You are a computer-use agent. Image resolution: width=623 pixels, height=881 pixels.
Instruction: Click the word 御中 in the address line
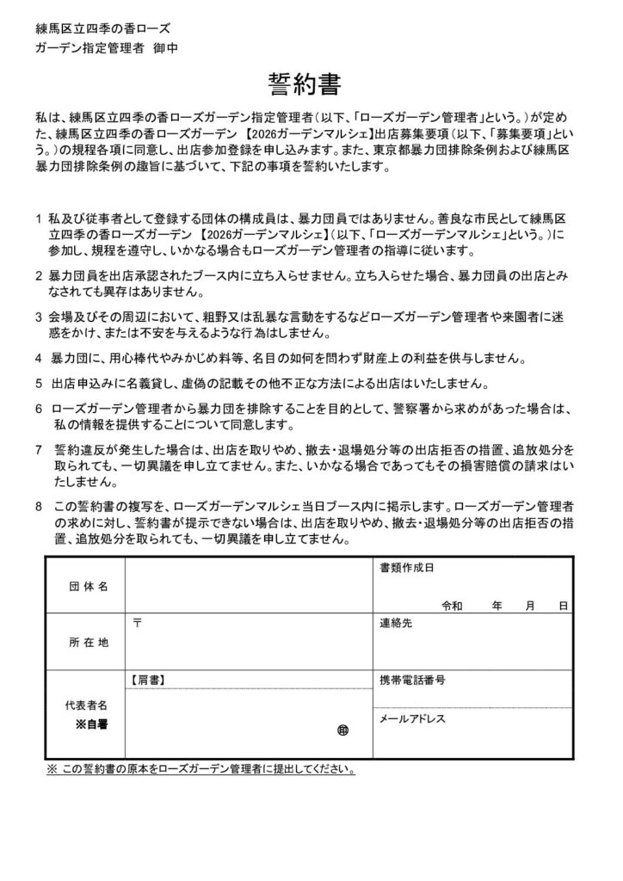(x=168, y=48)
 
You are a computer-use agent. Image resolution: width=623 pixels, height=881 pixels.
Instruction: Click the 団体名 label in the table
(x=88, y=586)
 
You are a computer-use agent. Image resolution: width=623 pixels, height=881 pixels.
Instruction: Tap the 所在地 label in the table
(x=88, y=642)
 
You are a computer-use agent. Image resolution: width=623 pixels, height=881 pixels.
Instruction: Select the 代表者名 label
(x=88, y=705)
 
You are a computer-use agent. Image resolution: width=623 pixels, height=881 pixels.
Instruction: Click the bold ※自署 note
(x=94, y=724)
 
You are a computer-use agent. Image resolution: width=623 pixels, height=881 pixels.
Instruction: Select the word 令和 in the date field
(x=453, y=606)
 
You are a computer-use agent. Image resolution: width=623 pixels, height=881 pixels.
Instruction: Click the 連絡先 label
(x=397, y=623)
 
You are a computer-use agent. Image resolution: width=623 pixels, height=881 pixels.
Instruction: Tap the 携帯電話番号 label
(x=412, y=680)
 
